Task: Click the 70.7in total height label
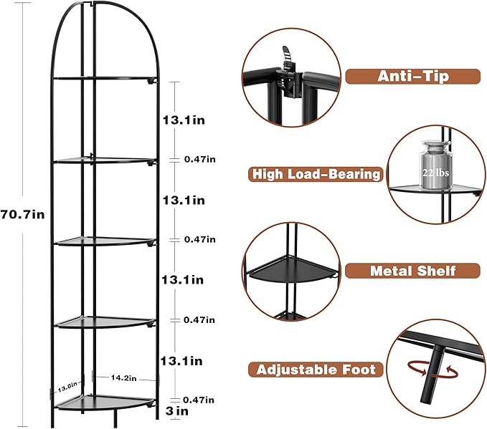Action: (x=22, y=214)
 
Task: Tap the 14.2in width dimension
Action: (x=123, y=378)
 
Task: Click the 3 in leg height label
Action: (x=177, y=411)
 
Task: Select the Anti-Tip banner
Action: (x=413, y=77)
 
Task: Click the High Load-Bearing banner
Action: (x=316, y=174)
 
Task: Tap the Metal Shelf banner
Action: (x=412, y=271)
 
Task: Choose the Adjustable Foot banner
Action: (x=316, y=370)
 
